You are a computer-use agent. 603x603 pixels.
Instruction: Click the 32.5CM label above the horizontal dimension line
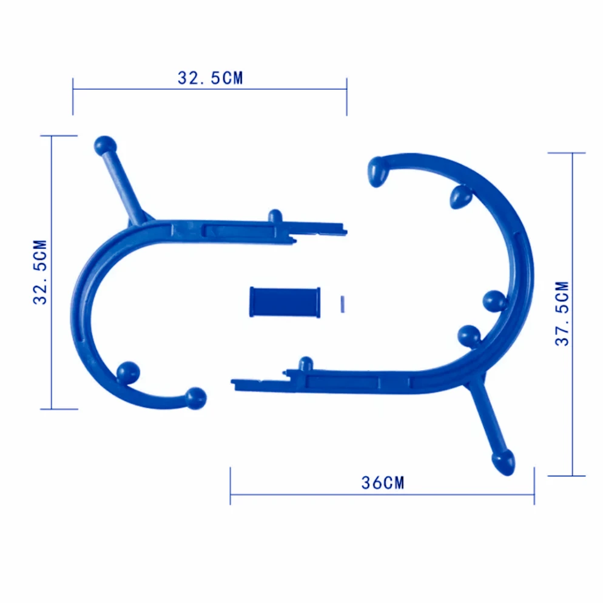tap(211, 78)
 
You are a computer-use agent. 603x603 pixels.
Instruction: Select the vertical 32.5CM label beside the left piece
tap(40, 272)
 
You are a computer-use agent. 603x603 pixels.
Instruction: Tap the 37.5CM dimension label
tap(562, 314)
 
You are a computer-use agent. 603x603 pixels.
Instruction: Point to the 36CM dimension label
tap(383, 483)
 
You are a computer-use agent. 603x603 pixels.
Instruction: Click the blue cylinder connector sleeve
tap(285, 302)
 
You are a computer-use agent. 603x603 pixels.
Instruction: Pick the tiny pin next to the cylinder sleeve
tap(343, 304)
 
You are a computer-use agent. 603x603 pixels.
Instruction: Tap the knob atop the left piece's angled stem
tap(105, 146)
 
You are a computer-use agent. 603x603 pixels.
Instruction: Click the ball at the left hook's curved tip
tap(196, 399)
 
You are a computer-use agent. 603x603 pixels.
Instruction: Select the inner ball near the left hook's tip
tap(128, 372)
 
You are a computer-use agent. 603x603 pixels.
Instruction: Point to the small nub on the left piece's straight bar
tap(275, 216)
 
